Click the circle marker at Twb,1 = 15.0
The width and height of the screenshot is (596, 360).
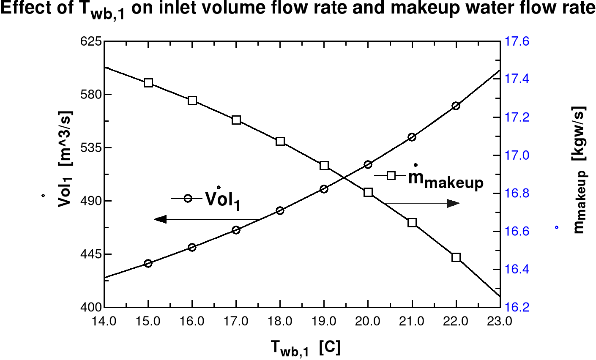[x=148, y=263]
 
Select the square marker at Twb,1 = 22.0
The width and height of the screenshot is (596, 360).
[x=456, y=257]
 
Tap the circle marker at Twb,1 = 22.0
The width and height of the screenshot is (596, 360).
[x=456, y=106]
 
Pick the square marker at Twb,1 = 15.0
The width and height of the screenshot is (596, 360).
[x=148, y=83]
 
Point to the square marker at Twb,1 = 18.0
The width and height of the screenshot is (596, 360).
[x=280, y=141]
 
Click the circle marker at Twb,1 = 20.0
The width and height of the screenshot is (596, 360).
[x=368, y=164]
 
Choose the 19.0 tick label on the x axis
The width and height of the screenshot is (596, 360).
[x=324, y=322]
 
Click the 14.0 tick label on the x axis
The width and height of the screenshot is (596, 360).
[x=104, y=322]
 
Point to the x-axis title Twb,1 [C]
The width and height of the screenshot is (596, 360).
[x=305, y=348]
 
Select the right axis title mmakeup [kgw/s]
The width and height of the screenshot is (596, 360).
[x=578, y=169]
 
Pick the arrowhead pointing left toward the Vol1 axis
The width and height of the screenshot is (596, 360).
[x=160, y=219]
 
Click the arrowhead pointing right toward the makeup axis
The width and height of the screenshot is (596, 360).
[x=454, y=203]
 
